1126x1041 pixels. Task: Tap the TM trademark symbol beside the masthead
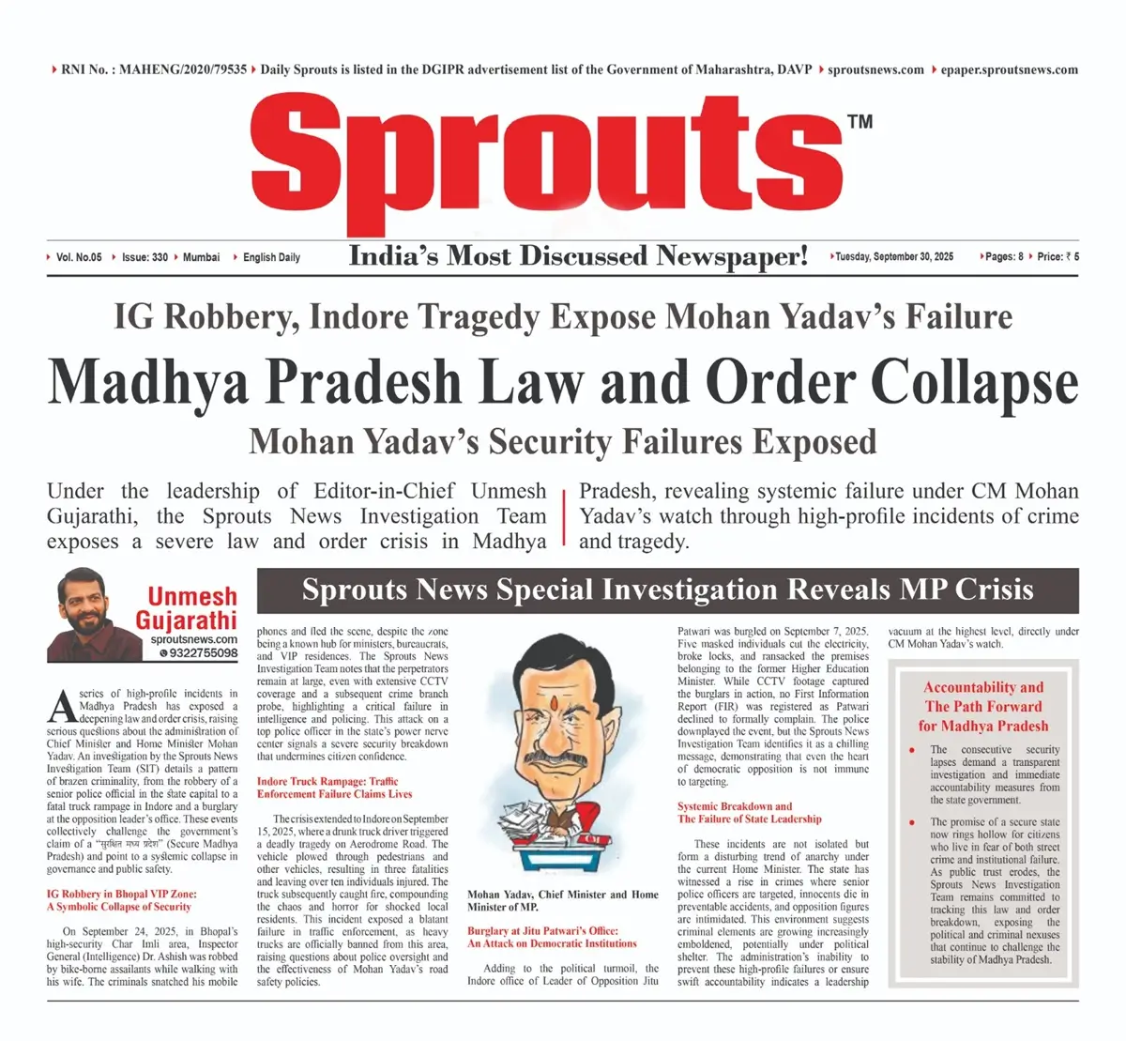tap(860, 121)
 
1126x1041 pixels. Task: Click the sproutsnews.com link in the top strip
tap(875, 69)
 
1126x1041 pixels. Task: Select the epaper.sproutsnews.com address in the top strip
tap(1009, 69)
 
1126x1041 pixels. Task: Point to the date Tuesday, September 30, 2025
tap(894, 256)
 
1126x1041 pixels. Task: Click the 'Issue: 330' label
tap(145, 257)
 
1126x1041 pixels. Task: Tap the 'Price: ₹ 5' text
tap(1058, 256)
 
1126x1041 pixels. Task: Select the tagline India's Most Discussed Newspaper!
tap(578, 255)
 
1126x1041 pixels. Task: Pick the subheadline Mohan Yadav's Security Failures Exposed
tap(563, 441)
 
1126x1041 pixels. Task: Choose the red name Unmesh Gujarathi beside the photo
tap(190, 608)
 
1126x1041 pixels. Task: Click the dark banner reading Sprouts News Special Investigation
tap(667, 590)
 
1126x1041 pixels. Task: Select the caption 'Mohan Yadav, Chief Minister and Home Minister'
tap(563, 900)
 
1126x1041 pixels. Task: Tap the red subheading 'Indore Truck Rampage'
tap(327, 787)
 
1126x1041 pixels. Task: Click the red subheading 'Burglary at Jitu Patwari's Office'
tap(553, 937)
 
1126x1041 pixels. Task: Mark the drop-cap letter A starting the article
tap(60, 702)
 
